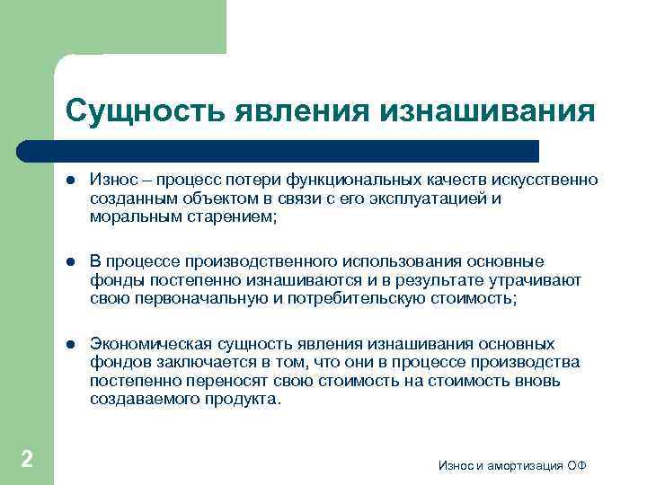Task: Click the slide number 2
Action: point(27,460)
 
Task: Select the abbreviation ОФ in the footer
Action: point(577,465)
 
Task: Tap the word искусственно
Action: point(549,181)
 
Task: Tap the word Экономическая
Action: point(151,344)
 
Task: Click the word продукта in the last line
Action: point(243,400)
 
